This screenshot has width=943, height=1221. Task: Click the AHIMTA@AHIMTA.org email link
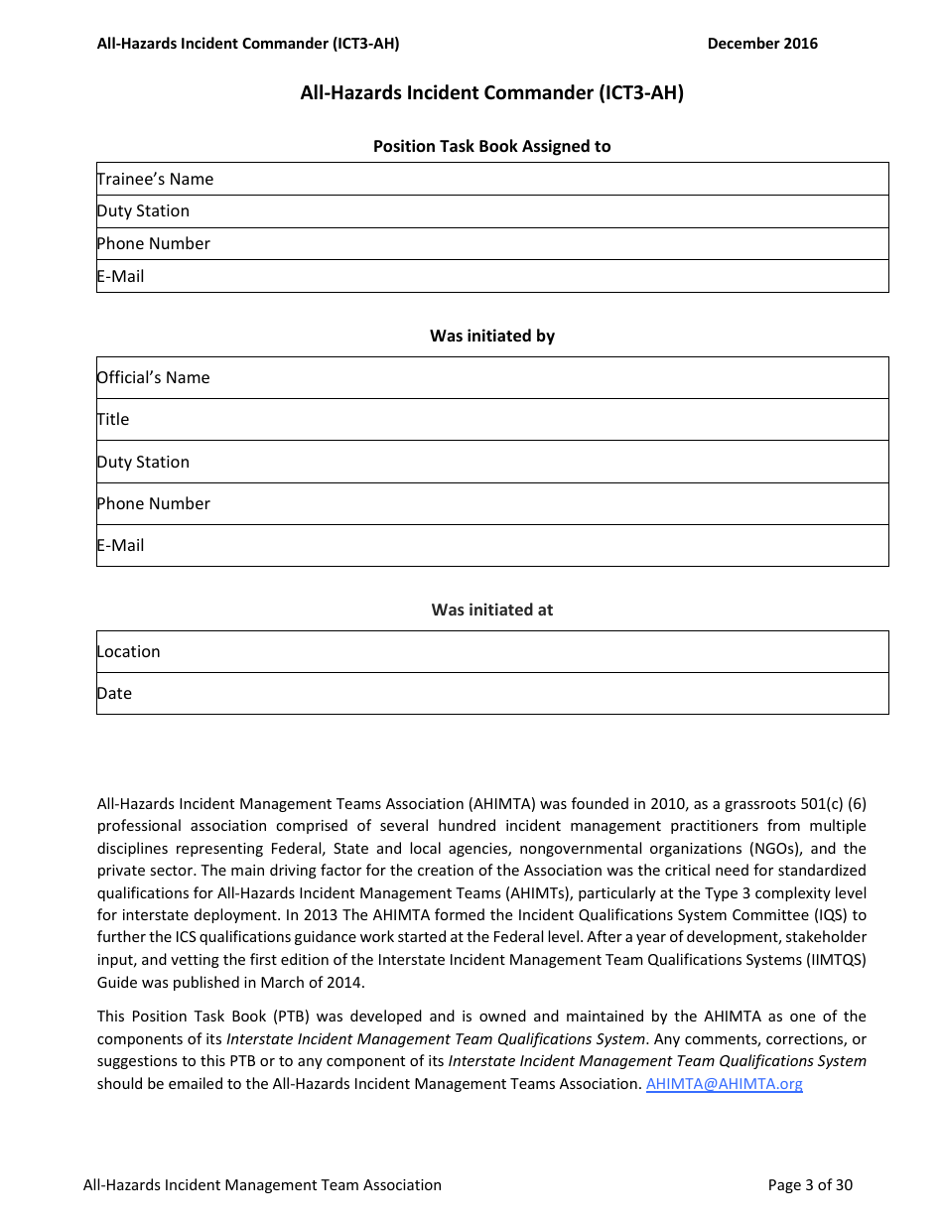(724, 1084)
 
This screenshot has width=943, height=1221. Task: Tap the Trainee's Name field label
(155, 179)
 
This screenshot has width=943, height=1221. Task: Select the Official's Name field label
(153, 377)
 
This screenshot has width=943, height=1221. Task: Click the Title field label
(113, 419)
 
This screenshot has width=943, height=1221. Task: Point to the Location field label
(128, 651)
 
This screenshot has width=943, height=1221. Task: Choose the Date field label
(114, 693)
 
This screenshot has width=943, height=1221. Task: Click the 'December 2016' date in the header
(762, 43)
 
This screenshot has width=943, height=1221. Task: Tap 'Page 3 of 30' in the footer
(810, 1184)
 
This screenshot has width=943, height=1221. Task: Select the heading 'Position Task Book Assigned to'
(491, 146)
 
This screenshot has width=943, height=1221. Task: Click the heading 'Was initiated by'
(491, 336)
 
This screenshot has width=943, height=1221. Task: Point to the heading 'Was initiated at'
(491, 610)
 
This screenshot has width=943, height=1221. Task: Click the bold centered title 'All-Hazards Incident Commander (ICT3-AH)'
(491, 93)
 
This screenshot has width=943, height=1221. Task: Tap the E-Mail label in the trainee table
(120, 276)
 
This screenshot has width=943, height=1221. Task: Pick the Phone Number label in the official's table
(153, 503)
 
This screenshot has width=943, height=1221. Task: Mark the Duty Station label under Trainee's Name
(143, 210)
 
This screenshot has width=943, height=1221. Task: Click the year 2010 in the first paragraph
(667, 803)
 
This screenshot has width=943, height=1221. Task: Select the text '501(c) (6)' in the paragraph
(832, 803)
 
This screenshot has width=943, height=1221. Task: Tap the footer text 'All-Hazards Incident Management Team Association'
(262, 1184)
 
